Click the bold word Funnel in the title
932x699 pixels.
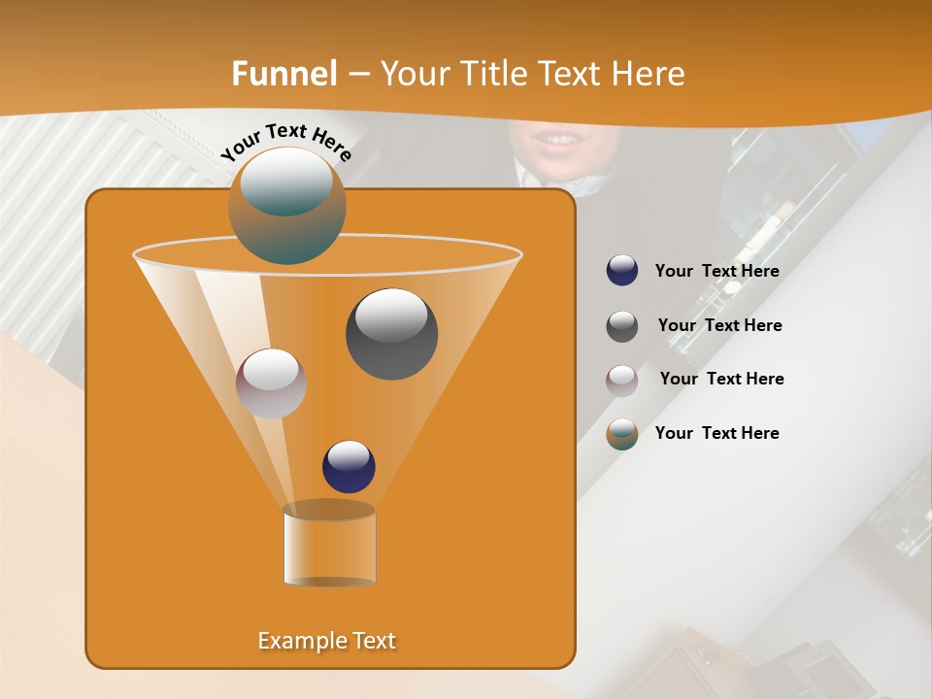tap(283, 74)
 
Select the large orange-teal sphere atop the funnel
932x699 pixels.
tap(286, 206)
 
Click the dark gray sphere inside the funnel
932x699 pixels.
tap(391, 335)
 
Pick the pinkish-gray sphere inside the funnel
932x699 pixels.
tap(271, 383)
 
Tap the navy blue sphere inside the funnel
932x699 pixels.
tap(349, 467)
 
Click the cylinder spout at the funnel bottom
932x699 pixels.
tap(329, 546)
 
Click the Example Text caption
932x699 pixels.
tap(327, 641)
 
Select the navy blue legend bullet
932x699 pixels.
tap(622, 271)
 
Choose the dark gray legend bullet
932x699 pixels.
tap(622, 326)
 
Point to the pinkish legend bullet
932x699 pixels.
tap(622, 381)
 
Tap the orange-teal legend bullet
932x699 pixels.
tap(622, 434)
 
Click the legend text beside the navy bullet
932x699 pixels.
tap(716, 272)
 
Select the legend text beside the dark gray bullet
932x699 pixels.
tap(719, 326)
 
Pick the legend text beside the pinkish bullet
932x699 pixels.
tap(721, 380)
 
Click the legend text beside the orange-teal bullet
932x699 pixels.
tap(716, 433)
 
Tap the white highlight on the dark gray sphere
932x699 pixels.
tap(391, 316)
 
